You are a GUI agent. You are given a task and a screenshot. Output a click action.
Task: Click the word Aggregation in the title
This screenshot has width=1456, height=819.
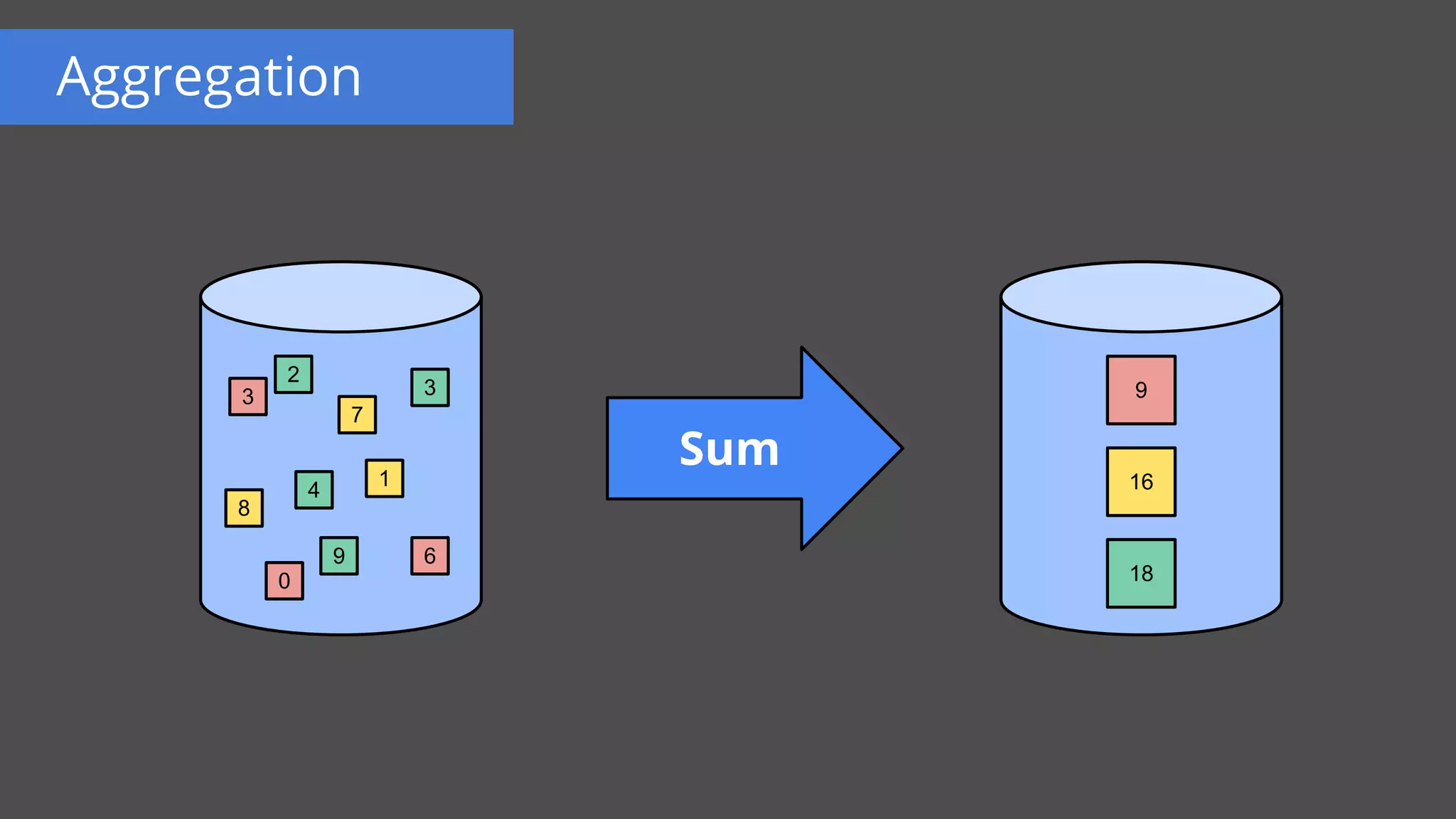[x=209, y=78]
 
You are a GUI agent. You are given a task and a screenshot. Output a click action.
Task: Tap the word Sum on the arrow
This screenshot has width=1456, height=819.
[x=729, y=449]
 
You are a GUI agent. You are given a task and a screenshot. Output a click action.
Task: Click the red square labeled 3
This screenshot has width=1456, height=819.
[x=247, y=396]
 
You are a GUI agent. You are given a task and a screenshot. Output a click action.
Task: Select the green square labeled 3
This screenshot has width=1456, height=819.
[x=429, y=387]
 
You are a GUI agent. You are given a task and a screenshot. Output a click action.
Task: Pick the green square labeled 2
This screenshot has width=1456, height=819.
[x=293, y=374]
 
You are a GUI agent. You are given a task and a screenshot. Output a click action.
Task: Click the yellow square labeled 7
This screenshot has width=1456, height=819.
[x=357, y=414]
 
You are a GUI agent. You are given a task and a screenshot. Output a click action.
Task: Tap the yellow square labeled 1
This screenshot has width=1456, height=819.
[x=384, y=478]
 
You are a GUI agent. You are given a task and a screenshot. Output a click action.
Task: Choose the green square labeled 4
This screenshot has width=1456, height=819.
[x=314, y=490]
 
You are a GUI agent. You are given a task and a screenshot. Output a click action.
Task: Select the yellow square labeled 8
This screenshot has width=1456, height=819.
[x=244, y=508]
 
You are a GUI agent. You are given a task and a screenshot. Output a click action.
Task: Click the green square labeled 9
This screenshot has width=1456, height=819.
[x=338, y=555]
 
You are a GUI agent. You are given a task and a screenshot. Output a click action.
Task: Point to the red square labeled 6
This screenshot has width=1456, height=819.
[x=429, y=555]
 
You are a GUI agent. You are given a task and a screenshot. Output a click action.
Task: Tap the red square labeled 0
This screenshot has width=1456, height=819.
[x=284, y=581]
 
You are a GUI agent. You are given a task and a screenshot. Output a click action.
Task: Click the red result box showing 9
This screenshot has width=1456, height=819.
[x=1141, y=390]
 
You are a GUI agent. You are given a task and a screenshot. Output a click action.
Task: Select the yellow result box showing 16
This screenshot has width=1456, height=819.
[x=1141, y=481]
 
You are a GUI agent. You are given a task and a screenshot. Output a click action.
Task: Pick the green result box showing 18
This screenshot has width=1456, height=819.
[x=1141, y=573]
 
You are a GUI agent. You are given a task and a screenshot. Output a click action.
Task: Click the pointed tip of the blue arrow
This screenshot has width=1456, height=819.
[x=899, y=449]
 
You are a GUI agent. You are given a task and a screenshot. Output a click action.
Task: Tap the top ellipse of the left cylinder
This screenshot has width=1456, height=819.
[x=341, y=296]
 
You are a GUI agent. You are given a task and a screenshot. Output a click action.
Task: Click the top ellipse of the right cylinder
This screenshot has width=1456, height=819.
[x=1141, y=296]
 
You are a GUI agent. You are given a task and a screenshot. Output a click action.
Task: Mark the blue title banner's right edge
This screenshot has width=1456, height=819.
[x=512, y=77]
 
